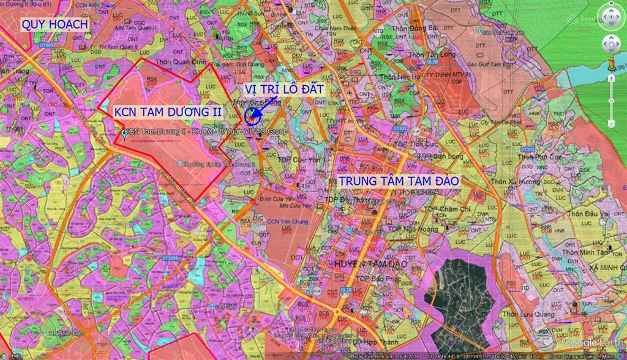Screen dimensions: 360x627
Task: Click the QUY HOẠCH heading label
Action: point(54,24)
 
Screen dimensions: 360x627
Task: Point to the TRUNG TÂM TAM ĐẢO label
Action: point(399,181)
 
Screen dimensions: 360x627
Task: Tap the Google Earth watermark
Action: point(592,342)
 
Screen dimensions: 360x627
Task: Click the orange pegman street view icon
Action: point(611,63)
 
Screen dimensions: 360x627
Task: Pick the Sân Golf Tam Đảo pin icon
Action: point(479,31)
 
